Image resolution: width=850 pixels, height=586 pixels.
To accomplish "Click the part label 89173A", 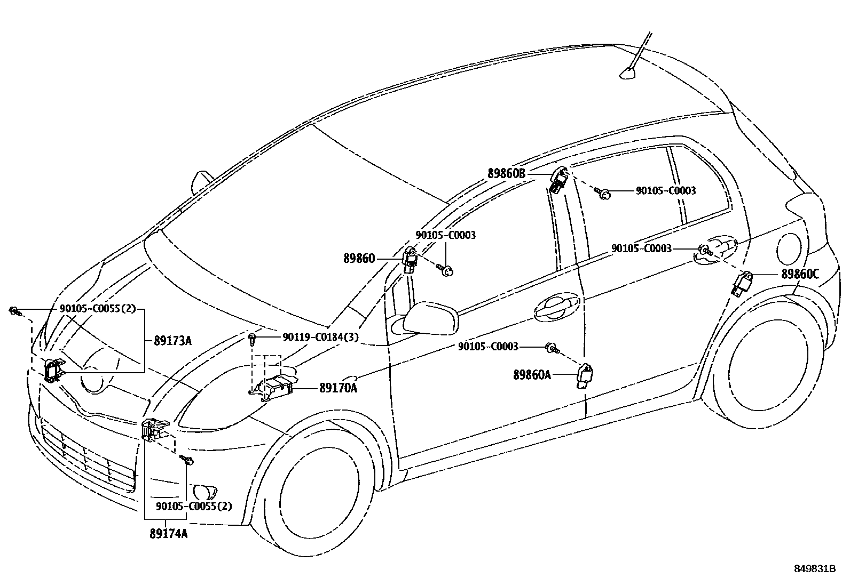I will coord(172,340).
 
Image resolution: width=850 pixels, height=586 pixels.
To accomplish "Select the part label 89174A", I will coord(169,534).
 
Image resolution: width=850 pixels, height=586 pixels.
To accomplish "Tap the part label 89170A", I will coord(338,388).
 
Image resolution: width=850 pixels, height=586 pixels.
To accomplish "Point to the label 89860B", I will coord(507,173).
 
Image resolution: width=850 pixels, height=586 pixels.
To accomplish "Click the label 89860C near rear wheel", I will coord(800,274).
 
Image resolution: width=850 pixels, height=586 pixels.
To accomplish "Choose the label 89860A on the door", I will coord(532,375).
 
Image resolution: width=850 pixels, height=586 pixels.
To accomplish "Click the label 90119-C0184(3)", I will coord(320,337).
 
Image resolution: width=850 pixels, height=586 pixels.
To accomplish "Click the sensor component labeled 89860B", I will coord(559,181).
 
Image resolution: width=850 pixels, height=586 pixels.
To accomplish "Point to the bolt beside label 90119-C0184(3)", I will coord(253,337).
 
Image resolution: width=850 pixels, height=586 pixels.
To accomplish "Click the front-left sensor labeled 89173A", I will coord(53,370).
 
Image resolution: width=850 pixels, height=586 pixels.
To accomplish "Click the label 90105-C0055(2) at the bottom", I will coord(194,506).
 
